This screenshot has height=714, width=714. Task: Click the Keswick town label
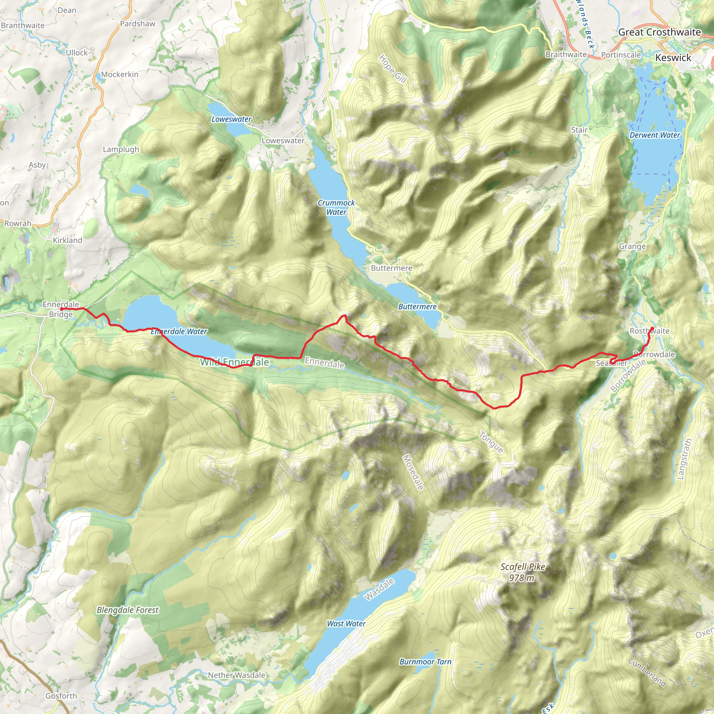(x=673, y=58)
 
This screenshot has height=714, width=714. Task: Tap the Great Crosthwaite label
(x=659, y=32)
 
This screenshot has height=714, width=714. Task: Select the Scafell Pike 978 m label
(x=523, y=572)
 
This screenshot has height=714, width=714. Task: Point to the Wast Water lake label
(x=346, y=623)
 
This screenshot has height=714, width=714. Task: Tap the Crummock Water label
(x=336, y=207)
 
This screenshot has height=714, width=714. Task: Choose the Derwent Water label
(x=654, y=135)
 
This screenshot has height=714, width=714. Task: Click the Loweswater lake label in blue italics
(x=231, y=119)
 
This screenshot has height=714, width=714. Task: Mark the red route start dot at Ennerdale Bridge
(x=62, y=309)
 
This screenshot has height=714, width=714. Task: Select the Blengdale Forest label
(x=128, y=610)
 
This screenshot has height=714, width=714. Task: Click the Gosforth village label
(x=61, y=696)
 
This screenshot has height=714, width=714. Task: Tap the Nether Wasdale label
(x=236, y=675)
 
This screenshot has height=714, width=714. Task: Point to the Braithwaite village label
(x=566, y=54)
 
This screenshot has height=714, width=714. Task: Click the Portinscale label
(x=621, y=55)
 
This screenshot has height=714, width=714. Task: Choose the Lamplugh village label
(x=121, y=149)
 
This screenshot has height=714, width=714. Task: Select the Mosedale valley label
(x=412, y=472)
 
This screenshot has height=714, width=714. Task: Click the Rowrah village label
(x=18, y=223)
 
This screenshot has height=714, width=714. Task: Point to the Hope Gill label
(x=393, y=69)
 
